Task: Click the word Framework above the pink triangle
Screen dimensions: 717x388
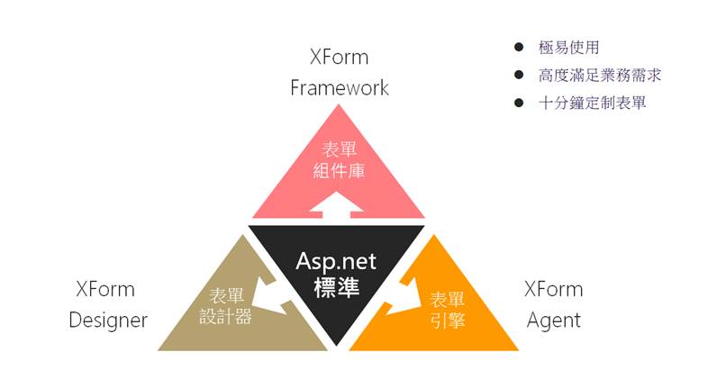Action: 340,87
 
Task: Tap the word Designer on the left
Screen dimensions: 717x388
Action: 108,320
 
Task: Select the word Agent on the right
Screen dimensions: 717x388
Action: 554,320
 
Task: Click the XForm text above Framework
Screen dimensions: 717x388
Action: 339,57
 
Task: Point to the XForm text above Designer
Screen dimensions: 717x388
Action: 105,289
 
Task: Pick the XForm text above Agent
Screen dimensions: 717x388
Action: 554,289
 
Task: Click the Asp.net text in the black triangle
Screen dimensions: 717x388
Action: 336,262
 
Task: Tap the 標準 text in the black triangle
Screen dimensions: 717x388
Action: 337,288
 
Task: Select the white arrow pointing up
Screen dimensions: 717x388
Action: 337,204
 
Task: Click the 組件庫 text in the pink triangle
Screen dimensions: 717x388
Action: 339,171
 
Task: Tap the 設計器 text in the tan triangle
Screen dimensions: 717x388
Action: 225,316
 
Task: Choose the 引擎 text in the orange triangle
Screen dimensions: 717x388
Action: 448,320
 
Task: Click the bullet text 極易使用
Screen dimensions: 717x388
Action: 569,47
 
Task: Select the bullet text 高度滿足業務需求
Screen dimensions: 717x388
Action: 600,75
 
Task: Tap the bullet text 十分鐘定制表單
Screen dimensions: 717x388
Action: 592,103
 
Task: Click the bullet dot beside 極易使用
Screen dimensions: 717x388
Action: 519,47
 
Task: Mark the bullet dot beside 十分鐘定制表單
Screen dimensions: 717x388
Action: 519,103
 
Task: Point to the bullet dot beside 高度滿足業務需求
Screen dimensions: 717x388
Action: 519,75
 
